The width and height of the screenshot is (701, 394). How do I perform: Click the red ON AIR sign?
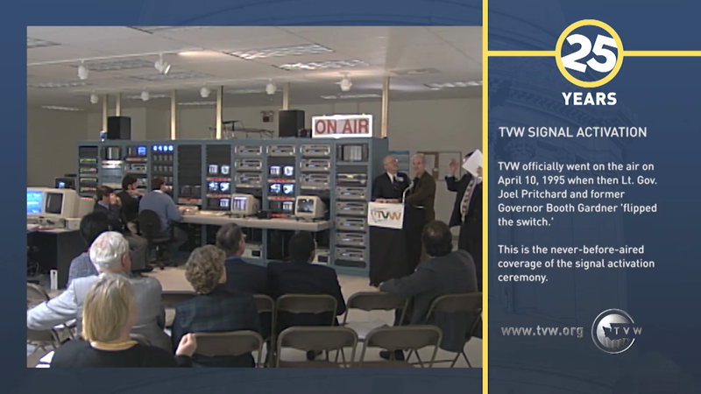tap(342, 127)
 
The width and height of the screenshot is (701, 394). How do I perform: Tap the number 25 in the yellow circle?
tap(589, 53)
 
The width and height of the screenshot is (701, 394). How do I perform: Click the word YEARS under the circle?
tap(589, 98)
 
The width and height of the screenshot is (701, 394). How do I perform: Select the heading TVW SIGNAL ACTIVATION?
tap(572, 132)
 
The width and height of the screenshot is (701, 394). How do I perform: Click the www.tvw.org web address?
tap(542, 330)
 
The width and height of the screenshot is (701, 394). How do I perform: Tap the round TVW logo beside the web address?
tap(616, 330)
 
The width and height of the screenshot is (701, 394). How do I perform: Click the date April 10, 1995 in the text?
tap(549, 179)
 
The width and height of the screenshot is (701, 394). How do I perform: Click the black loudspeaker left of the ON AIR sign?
tap(291, 123)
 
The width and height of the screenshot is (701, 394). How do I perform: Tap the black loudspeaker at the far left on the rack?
tap(119, 128)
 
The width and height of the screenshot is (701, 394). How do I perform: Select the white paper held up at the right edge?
tap(473, 162)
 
